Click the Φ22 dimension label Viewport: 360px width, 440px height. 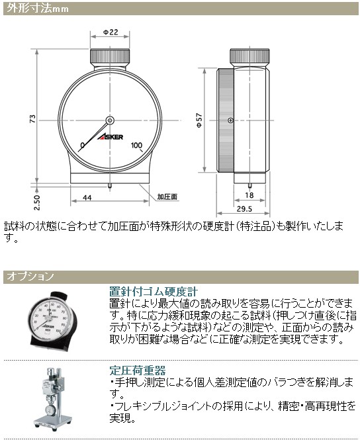pyautogui.click(x=111, y=32)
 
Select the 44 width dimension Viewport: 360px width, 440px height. pyautogui.click(x=87, y=197)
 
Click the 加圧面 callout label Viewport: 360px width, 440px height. pyautogui.click(x=167, y=197)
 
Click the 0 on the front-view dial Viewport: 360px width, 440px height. pyautogui.click(x=82, y=146)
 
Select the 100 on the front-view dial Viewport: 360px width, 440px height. pyautogui.click(x=138, y=146)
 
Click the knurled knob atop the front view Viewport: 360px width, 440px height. pyautogui.click(x=109, y=54)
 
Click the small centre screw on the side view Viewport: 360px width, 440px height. pyautogui.click(x=230, y=120)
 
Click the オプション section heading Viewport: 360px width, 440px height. pyautogui.click(x=30, y=275)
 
